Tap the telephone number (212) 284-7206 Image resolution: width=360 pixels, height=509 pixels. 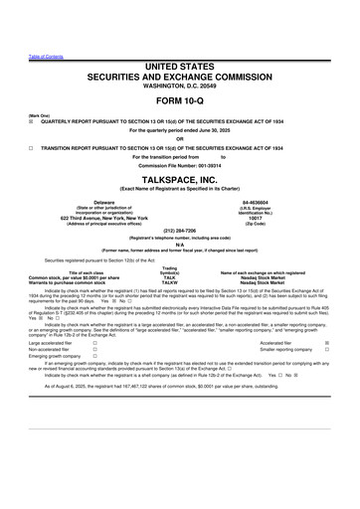point(179,232)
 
